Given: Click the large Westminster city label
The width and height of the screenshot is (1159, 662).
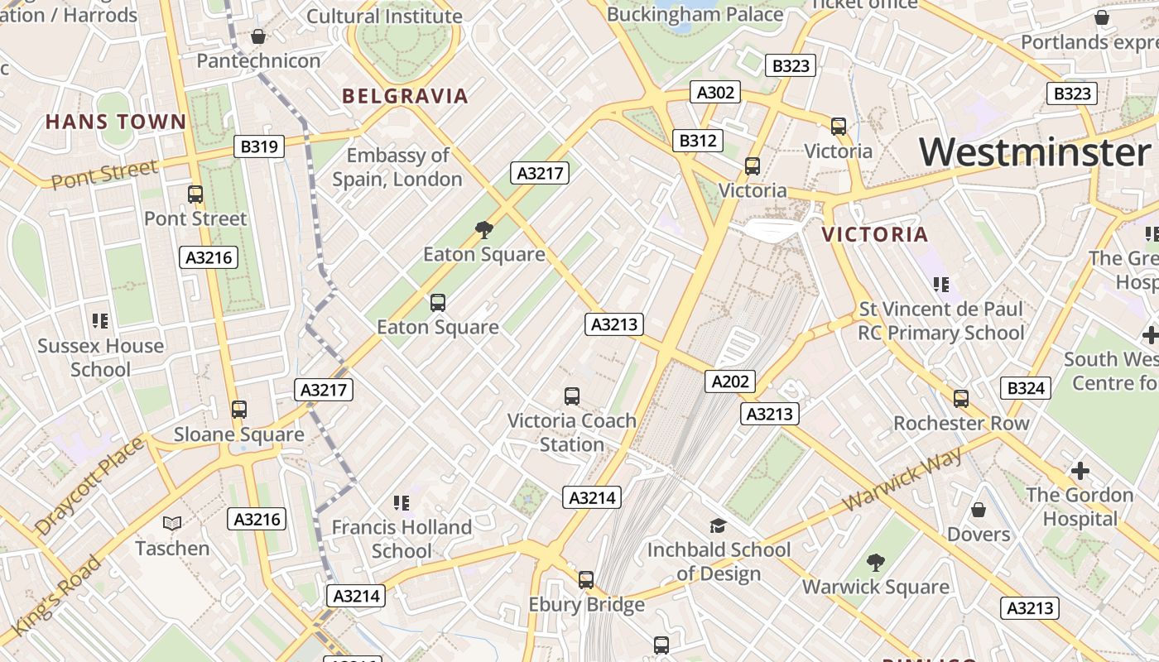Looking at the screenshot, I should point(1034,152).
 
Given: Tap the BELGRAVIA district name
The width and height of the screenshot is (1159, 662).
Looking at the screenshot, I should point(405,96).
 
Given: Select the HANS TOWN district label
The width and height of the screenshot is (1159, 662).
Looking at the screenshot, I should point(116,122).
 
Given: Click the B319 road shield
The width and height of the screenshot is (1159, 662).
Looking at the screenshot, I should point(259,146).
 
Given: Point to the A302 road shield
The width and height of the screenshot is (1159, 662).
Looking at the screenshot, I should point(715,92).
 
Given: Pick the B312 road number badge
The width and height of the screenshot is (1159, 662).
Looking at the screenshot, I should point(697,141).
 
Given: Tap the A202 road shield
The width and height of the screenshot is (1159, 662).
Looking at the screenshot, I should point(730,381).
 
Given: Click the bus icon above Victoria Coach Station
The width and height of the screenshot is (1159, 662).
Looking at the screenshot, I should point(571,396).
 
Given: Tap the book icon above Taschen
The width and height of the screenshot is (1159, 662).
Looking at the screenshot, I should point(172,523).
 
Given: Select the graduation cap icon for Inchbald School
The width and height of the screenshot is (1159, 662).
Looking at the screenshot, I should point(718,525).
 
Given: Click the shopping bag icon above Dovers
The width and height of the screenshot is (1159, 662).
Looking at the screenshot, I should point(978,510).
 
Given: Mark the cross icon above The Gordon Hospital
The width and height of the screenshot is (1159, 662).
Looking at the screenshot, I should point(1080,471).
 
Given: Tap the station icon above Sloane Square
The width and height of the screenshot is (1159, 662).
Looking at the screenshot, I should point(239,409).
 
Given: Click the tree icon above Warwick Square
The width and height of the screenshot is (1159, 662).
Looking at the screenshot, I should point(875,563).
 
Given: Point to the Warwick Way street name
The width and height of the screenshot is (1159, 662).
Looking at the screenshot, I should point(903,480).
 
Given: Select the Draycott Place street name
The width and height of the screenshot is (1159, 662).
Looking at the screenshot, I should point(89,486).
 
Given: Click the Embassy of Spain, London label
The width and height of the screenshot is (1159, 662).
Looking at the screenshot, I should point(397,167).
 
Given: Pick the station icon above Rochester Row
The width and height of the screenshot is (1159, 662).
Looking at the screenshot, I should point(960,399).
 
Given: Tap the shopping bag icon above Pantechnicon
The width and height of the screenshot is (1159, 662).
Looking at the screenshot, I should point(258,36).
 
